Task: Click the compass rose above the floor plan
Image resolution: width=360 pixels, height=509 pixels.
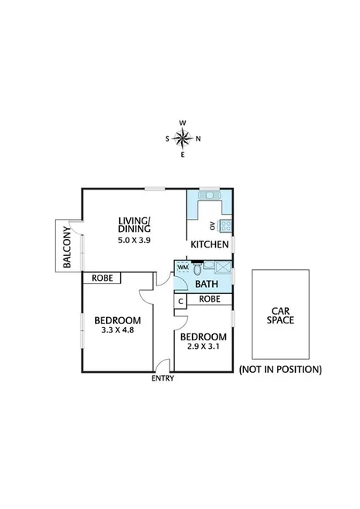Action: pos(183,138)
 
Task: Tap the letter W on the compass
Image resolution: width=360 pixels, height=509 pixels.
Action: pos(183,122)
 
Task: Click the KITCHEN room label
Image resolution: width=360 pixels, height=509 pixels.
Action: pos(210,244)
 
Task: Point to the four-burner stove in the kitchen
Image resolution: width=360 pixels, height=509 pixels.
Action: pos(226,226)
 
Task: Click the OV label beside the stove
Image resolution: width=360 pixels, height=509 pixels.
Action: pos(213,226)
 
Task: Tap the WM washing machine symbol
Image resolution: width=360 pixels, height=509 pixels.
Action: pos(183,268)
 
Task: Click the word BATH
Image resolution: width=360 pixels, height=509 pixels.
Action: pos(205,284)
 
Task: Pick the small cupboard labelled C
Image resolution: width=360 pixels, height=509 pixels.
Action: pos(180,301)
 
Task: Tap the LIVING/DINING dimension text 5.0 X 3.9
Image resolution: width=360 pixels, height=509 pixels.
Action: pos(134,241)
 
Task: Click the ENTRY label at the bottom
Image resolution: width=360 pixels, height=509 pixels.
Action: pos(163,378)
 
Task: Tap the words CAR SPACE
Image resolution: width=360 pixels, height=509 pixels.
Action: pos(279,314)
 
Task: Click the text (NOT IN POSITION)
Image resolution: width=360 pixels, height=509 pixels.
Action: pos(279,369)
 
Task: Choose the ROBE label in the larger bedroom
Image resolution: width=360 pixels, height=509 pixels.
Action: pos(104,278)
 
